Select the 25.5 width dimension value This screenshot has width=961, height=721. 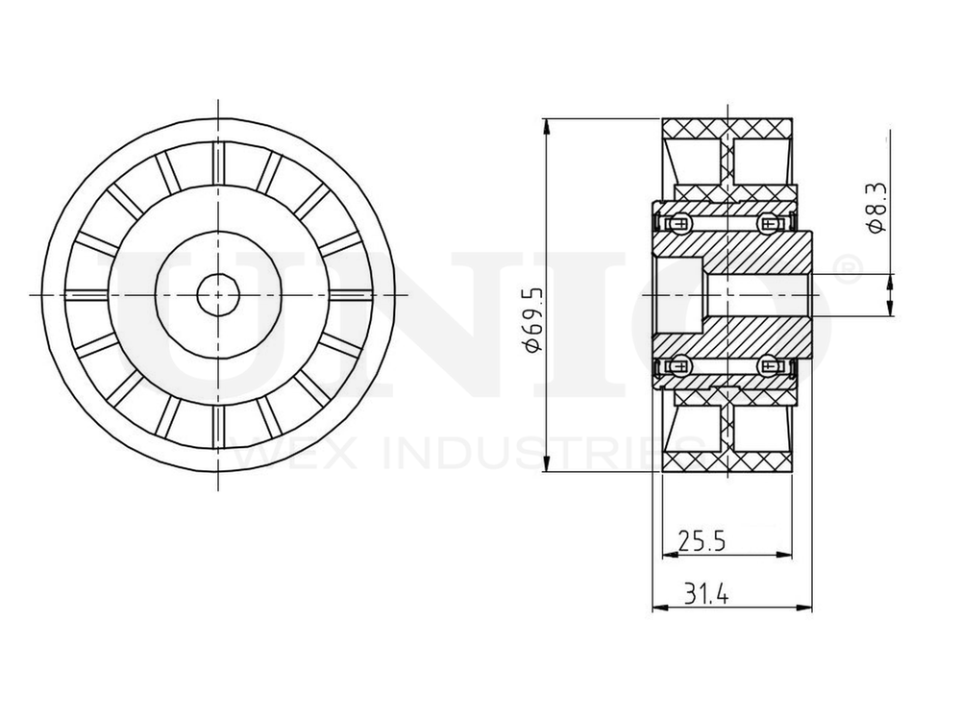(x=701, y=541)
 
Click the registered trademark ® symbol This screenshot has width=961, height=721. (x=845, y=269)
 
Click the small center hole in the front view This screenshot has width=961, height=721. (x=219, y=293)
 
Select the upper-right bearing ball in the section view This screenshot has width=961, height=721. (x=768, y=224)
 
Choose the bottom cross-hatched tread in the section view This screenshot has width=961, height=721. (x=728, y=460)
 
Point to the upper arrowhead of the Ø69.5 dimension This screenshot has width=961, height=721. (x=547, y=125)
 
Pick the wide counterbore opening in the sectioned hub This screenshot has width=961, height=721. (x=678, y=293)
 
